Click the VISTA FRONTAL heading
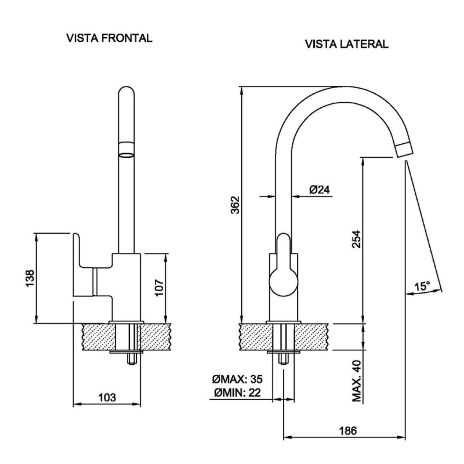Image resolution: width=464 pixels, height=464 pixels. [x=110, y=39]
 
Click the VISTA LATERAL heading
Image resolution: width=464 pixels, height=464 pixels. [x=346, y=44]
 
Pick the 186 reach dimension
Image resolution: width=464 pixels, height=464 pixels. [x=347, y=430]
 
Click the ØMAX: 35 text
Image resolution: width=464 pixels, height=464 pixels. [x=237, y=379]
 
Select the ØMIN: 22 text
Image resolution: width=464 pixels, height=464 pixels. [x=238, y=394]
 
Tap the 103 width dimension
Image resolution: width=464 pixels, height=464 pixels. [x=107, y=397]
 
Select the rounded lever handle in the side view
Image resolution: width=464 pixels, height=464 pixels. [x=284, y=270]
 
